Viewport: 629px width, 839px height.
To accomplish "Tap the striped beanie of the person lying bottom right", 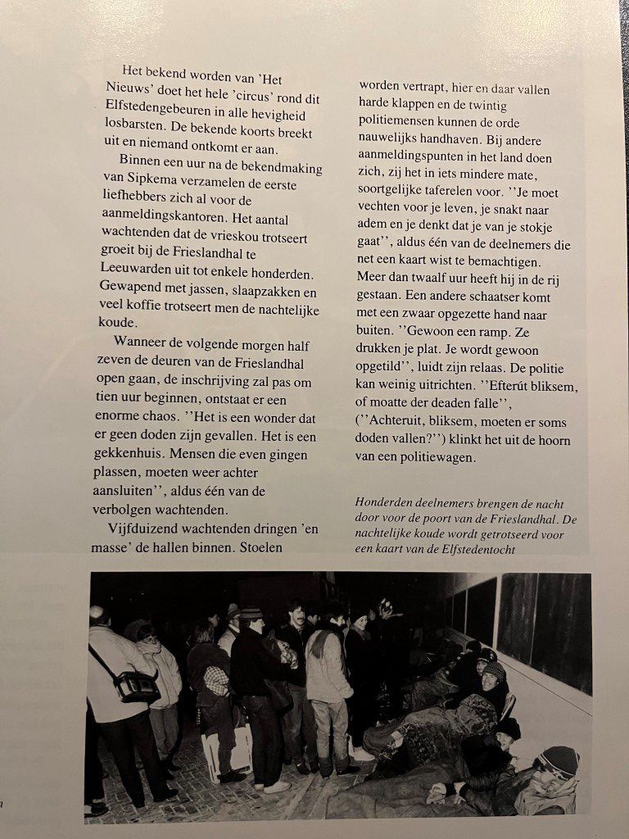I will pyautogui.click(x=559, y=761).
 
